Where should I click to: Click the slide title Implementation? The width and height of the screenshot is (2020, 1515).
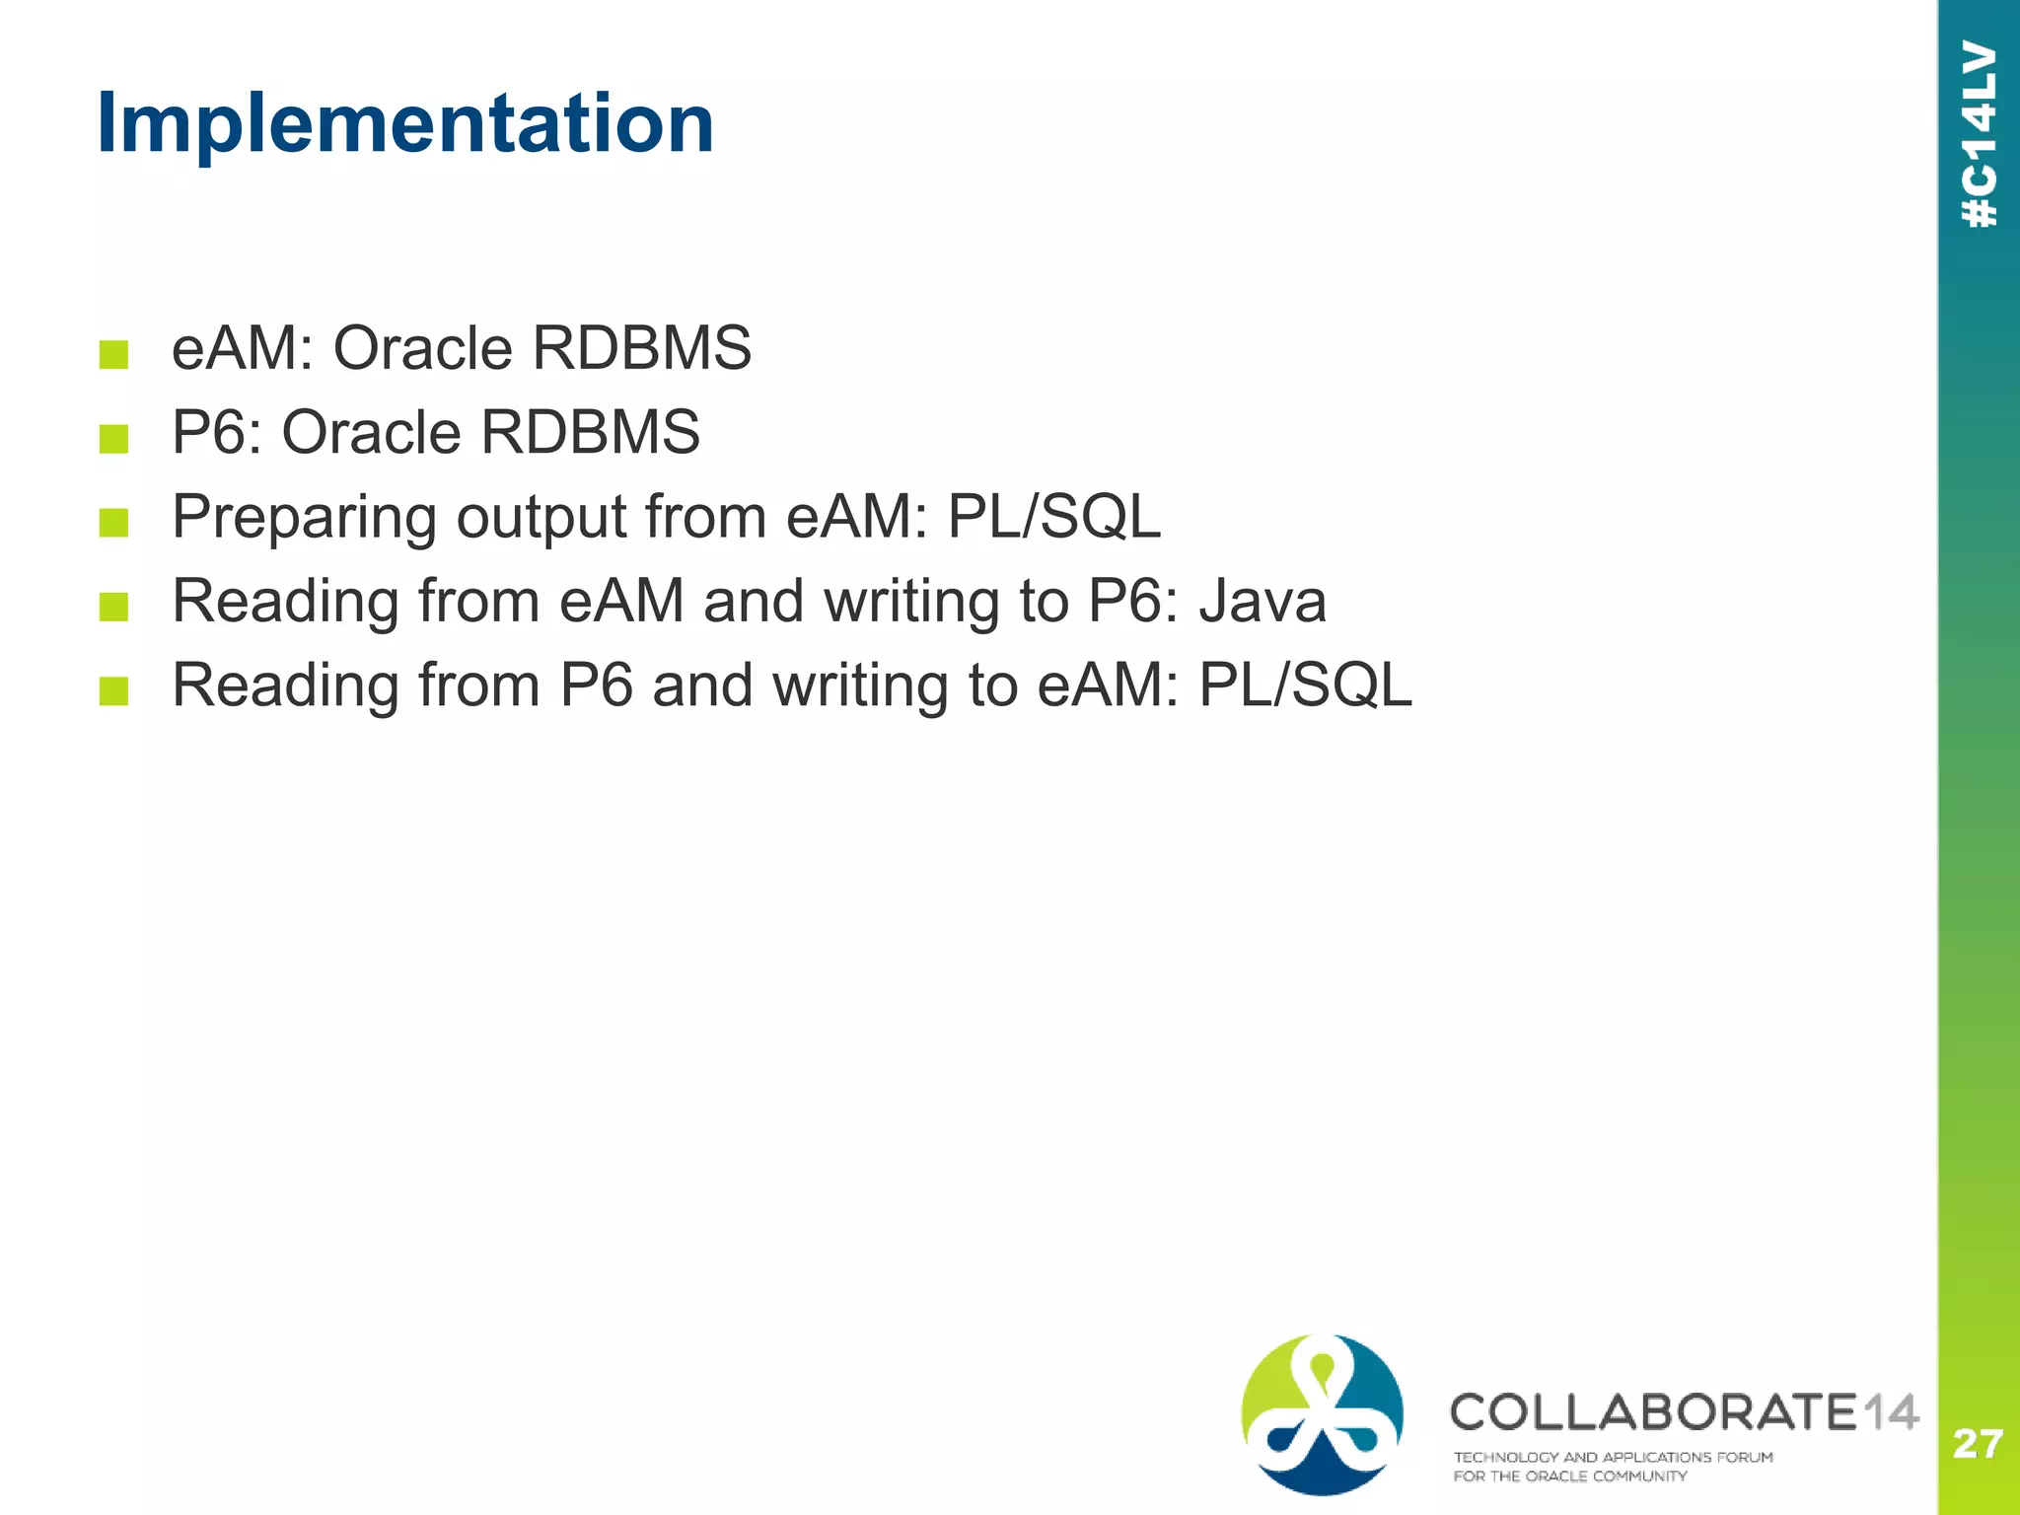pos(405,124)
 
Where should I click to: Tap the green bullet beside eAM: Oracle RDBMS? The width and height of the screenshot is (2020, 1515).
pos(114,354)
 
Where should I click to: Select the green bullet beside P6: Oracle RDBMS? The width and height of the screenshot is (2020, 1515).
pos(114,438)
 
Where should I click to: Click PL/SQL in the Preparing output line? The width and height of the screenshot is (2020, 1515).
pos(1053,517)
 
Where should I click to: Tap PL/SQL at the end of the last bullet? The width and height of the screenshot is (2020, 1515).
pos(1304,685)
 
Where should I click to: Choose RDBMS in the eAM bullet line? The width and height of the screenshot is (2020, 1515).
pos(641,348)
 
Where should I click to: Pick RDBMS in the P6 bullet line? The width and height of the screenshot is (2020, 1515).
pos(590,433)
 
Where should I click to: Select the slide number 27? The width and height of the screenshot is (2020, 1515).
pos(1977,1444)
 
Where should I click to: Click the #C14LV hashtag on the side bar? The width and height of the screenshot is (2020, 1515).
pos(1980,135)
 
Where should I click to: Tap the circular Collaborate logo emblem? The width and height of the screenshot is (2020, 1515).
pos(1322,1414)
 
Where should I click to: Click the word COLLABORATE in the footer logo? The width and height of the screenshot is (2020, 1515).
pos(1653,1411)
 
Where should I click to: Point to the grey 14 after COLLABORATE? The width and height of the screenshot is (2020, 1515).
pos(1890,1411)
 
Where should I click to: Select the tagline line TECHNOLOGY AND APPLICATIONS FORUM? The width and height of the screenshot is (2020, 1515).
pos(1613,1457)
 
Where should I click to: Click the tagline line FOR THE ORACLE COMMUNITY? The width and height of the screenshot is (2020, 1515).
pos(1569,1477)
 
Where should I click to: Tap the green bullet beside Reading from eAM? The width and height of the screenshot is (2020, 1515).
pos(114,607)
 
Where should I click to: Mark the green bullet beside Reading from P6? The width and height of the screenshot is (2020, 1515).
pos(114,690)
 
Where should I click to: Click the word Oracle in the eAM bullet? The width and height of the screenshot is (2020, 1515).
pos(422,348)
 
